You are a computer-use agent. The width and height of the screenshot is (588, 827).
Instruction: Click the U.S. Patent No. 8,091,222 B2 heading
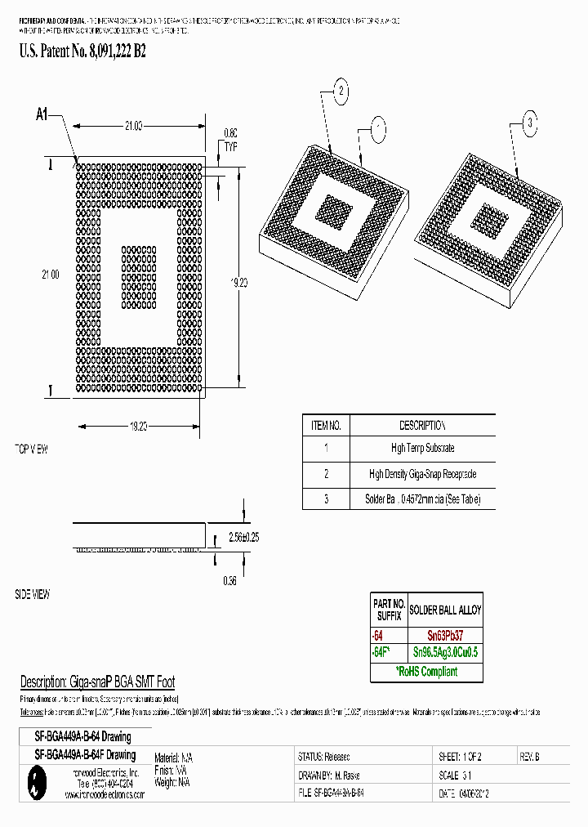click(82, 51)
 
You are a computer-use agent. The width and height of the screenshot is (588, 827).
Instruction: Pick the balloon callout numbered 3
click(529, 124)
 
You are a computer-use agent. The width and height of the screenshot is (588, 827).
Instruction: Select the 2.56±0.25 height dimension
click(243, 537)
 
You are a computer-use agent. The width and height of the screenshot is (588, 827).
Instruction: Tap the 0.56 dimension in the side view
click(229, 580)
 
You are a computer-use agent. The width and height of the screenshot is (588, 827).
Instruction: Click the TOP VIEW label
click(32, 450)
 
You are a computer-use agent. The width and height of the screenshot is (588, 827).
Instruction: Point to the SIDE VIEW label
click(33, 595)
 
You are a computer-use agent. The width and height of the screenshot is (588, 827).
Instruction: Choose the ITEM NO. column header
click(326, 426)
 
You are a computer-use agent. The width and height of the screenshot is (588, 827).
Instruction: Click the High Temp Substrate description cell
click(422, 448)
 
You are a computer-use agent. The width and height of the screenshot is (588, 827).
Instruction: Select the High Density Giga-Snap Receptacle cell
click(422, 474)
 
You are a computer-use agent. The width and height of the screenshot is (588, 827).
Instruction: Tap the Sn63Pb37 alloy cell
click(445, 634)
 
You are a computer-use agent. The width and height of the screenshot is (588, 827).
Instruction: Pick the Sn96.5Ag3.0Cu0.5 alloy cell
click(445, 652)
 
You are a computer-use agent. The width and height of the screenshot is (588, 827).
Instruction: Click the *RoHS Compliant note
click(427, 672)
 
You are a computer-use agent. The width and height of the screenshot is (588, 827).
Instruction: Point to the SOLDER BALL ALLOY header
click(445, 610)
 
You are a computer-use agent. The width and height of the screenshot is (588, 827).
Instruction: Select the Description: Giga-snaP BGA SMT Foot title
click(97, 682)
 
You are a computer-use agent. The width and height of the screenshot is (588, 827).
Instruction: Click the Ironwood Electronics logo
click(33, 784)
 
